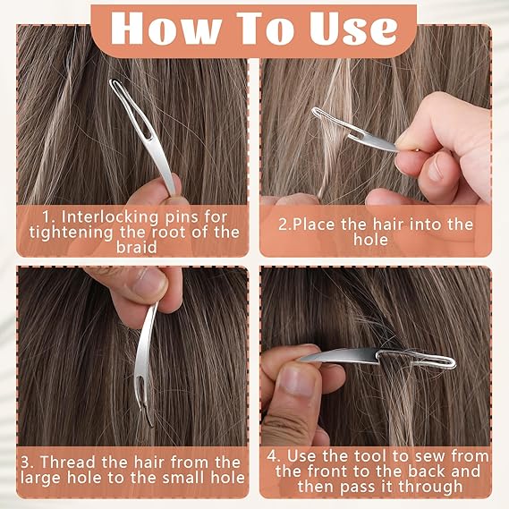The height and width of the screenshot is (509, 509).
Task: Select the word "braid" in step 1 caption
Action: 131,248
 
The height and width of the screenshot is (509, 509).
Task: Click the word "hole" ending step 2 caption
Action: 370,240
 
